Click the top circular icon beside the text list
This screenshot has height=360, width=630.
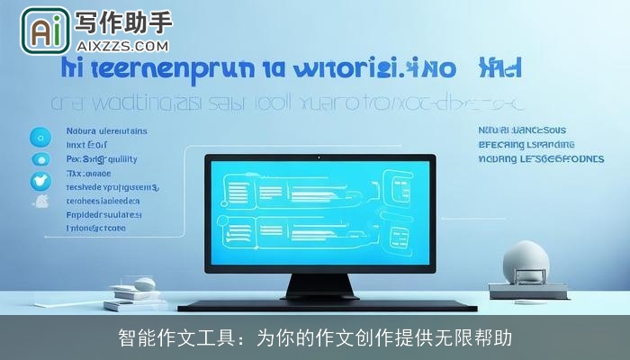point(40,137)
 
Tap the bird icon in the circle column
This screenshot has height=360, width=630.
point(40,180)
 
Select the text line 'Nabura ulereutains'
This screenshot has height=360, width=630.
point(106,130)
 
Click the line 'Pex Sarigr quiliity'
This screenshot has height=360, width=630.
point(103,159)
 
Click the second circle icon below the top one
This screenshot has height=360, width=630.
point(40,158)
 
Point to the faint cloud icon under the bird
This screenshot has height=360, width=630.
point(40,203)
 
